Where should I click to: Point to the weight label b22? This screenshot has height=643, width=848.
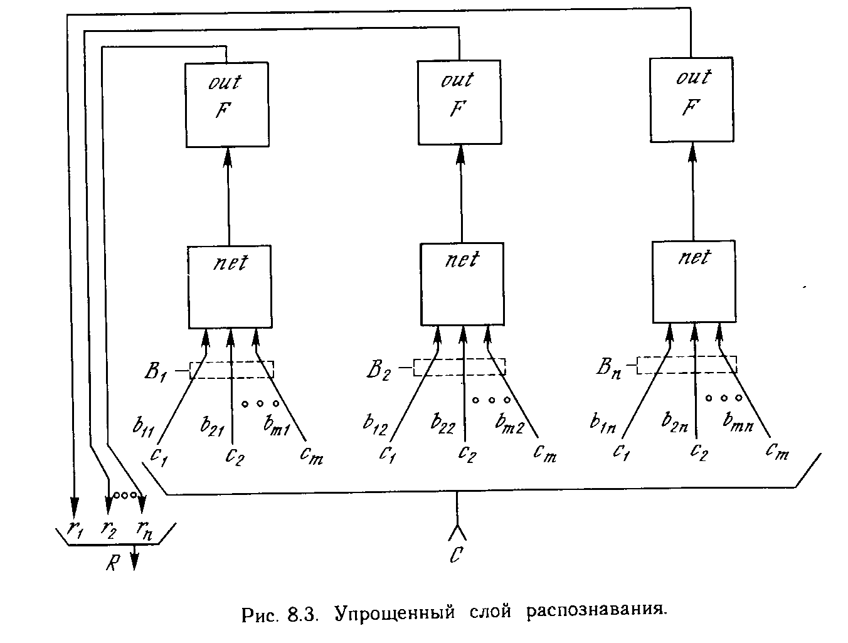click(x=443, y=423)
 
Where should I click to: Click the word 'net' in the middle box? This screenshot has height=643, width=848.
click(x=462, y=259)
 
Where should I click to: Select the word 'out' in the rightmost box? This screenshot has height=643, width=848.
click(x=693, y=77)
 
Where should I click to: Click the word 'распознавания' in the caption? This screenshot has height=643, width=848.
click(x=593, y=612)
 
